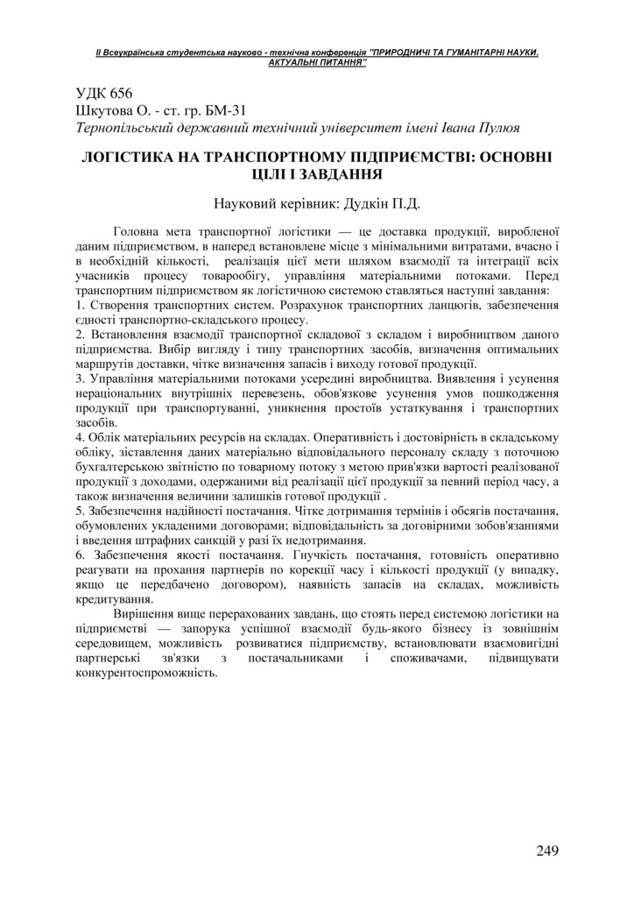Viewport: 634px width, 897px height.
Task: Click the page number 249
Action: click(x=544, y=850)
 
